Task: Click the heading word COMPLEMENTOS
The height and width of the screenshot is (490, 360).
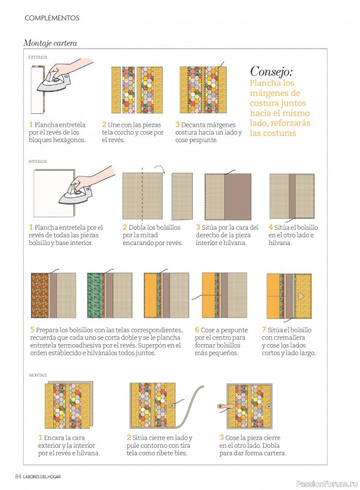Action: coord(52,18)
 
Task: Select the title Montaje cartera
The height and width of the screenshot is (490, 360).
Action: coord(50,43)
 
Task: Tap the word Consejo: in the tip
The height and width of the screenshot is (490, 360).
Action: coord(271,72)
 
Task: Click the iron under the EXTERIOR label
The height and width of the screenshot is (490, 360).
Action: coord(54,82)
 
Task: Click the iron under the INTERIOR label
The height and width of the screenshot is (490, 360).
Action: coord(75,194)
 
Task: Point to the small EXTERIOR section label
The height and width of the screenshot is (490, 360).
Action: coord(38,58)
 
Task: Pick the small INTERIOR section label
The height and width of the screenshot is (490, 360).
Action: coord(37,162)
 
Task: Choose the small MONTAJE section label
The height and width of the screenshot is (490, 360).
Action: coord(38,375)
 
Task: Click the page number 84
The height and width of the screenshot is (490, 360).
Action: coord(18,477)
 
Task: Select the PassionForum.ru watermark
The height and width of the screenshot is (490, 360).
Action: coord(326,484)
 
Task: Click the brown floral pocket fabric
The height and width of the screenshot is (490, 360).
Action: coord(40,296)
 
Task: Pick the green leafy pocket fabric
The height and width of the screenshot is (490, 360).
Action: coord(96,296)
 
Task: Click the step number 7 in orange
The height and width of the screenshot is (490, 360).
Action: coord(264,330)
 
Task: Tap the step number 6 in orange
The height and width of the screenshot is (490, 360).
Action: coord(197,330)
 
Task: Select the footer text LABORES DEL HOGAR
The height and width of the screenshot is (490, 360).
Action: coord(42,477)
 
